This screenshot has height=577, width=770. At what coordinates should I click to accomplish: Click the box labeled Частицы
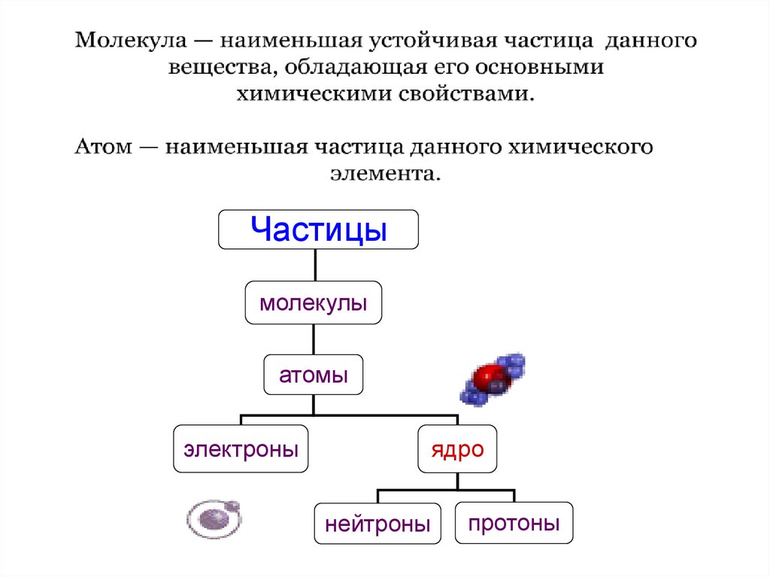[x=318, y=229]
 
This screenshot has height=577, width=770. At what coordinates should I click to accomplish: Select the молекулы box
[x=314, y=304]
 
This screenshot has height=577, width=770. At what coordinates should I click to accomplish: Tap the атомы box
[x=314, y=375]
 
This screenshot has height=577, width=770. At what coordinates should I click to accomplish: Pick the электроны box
[x=241, y=450]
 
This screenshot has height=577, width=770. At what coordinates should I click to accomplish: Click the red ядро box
[x=456, y=450]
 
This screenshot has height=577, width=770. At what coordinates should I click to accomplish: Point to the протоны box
[x=514, y=522]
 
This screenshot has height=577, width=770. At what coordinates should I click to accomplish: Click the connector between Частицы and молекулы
[x=314, y=266]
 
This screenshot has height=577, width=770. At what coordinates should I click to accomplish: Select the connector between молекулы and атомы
[x=314, y=339]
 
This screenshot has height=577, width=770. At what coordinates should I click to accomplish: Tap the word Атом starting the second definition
[x=102, y=146]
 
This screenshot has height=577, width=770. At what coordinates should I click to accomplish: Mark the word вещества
[x=213, y=67]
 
